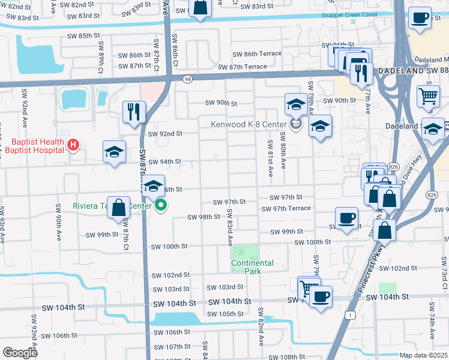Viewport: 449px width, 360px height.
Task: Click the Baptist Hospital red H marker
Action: tap(73, 145)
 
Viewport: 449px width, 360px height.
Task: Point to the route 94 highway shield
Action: tap(188, 79)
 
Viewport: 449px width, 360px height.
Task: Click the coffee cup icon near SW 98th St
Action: tap(345, 218)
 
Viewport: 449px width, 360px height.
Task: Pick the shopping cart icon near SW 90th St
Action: tap(428, 95)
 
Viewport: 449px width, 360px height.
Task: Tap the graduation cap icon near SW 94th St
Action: tap(114, 152)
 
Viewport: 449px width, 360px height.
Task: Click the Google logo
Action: tap(20, 352)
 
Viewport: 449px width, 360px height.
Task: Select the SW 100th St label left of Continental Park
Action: tap(169, 247)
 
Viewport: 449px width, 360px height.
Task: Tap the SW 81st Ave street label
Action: tap(270, 159)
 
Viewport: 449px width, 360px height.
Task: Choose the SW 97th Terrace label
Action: tap(286, 208)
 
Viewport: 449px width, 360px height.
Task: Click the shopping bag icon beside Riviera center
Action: tap(119, 208)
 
